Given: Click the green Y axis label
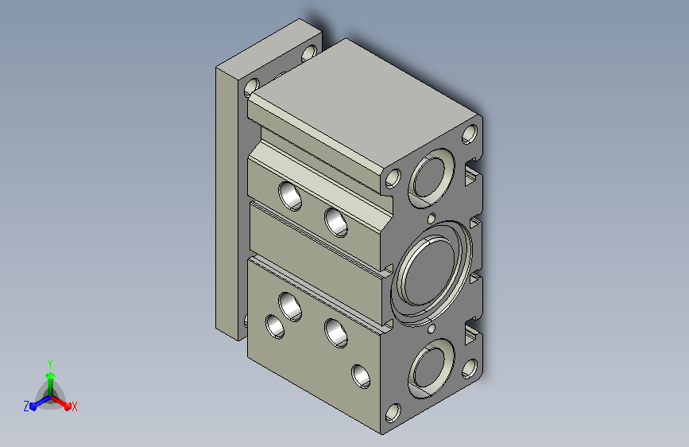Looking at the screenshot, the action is tap(50, 363).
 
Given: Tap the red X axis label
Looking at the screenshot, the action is tap(74, 406).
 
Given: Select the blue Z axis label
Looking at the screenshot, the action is tap(26, 406).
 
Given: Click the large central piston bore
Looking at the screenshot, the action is tap(432, 273).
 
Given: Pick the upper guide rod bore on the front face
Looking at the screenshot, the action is tap(432, 177).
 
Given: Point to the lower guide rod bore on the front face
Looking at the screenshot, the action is tap(431, 367).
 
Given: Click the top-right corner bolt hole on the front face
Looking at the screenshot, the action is tap(470, 134).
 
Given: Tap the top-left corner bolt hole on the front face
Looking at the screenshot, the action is tap(393, 178).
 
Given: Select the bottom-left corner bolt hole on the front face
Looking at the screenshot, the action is tap(393, 413).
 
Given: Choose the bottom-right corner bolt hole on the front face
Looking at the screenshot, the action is tap(470, 369).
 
